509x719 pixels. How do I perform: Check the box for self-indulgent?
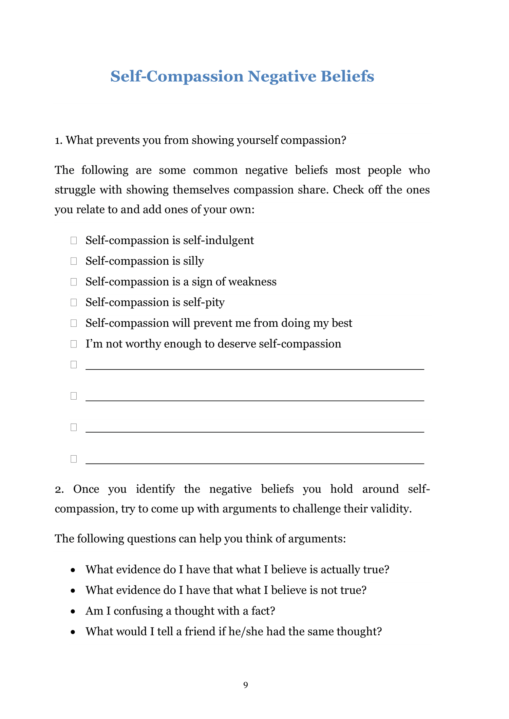click(74, 241)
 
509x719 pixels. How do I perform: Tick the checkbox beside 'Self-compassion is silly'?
click(74, 261)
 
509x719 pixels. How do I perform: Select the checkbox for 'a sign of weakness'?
click(74, 282)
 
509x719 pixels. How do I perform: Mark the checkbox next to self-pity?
click(74, 303)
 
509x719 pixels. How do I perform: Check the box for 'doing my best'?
click(74, 323)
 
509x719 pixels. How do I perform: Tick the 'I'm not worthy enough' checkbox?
click(74, 344)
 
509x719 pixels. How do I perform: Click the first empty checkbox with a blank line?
click(74, 365)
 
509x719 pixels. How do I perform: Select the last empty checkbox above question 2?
click(74, 459)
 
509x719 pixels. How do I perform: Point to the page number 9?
click(246, 685)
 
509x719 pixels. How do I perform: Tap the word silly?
click(193, 261)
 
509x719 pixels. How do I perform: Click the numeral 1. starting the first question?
click(59, 140)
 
